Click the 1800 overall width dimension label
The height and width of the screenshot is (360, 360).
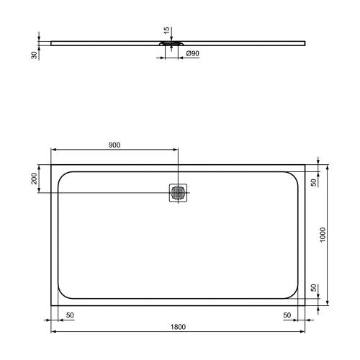[x=179, y=326]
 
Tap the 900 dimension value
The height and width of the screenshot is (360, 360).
[x=114, y=145]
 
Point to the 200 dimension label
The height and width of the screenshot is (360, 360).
[x=34, y=179]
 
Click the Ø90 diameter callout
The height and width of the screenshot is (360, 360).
[x=192, y=54]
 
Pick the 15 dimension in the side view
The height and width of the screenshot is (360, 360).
[x=166, y=31]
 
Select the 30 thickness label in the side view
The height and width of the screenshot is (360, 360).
[x=34, y=55]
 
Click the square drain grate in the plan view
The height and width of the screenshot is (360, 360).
[x=178, y=193]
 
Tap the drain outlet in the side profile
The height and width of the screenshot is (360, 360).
[x=170, y=44]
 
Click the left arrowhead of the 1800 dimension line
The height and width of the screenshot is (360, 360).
[x=53, y=332]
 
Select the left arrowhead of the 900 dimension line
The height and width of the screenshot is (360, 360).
[x=53, y=150]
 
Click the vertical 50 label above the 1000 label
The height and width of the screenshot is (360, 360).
[x=313, y=182]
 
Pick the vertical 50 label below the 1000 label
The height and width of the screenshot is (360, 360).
[x=313, y=287]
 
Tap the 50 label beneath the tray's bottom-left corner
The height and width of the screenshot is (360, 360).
[x=70, y=315]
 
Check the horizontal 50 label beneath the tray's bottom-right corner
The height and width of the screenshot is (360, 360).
[x=287, y=315]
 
